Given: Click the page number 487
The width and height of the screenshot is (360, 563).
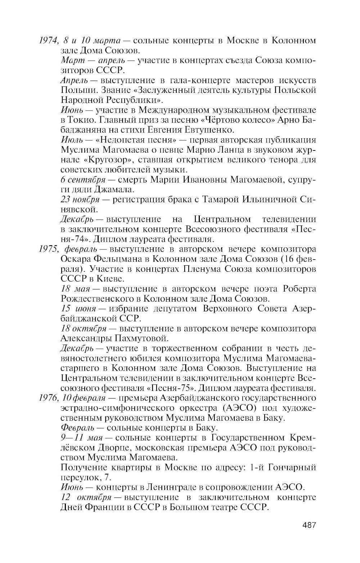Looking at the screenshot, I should coord(309,525).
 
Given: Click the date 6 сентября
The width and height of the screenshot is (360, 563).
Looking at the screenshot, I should coord(83,179).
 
